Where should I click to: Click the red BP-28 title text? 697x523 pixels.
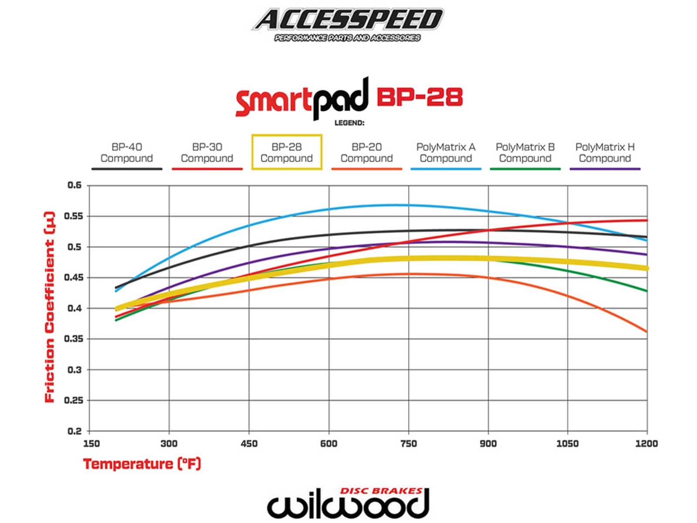tap(419, 97)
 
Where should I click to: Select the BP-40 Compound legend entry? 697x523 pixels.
tap(126, 153)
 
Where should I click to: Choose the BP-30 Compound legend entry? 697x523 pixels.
tap(207, 153)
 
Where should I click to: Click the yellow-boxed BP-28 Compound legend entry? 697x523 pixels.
tap(287, 153)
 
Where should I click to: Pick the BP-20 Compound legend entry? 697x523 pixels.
tap(366, 153)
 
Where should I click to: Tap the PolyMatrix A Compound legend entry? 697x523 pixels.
tap(446, 153)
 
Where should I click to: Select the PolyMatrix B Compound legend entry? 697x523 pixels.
tap(525, 153)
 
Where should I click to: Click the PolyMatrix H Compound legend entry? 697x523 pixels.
tap(605, 153)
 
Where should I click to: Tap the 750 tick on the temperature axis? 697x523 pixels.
tap(408, 444)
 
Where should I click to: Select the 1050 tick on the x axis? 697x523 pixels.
tap(567, 444)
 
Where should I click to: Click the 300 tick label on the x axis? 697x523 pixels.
tap(169, 444)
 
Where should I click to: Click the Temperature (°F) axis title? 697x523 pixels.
tap(142, 464)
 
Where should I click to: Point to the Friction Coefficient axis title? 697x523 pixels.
tap(50, 307)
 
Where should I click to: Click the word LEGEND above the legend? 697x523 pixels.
tap(349, 123)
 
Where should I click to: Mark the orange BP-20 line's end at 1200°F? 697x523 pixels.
tap(646, 332)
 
